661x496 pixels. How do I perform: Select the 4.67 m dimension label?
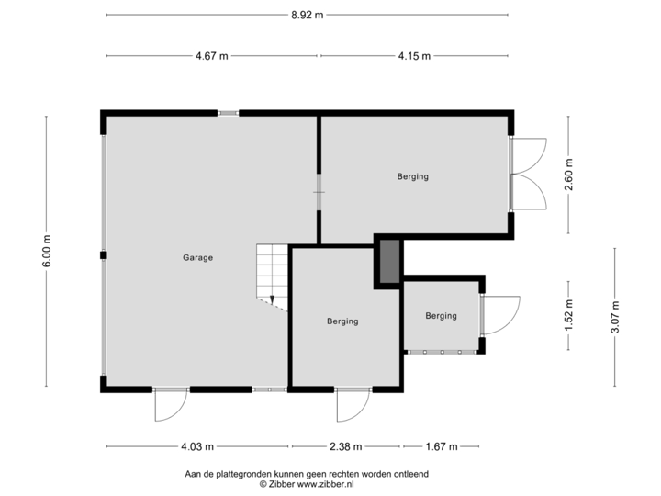point(211,56)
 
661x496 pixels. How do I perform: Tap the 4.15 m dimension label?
point(414,56)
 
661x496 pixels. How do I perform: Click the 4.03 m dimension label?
point(198,447)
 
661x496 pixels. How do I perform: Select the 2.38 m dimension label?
point(346,447)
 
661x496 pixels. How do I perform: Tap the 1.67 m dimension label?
point(441,447)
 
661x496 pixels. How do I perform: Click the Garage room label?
point(197,258)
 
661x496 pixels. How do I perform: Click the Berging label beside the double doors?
point(413,176)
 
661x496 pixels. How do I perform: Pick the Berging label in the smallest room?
point(441,316)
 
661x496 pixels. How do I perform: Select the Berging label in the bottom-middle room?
point(342,321)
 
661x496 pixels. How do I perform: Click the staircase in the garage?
point(272,276)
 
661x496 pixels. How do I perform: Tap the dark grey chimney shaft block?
point(388,261)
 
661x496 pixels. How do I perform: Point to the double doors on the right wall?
point(529,174)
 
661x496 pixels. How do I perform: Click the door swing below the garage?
point(171,405)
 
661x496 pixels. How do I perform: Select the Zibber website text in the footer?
point(307,482)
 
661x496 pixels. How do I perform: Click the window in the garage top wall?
point(229,113)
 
